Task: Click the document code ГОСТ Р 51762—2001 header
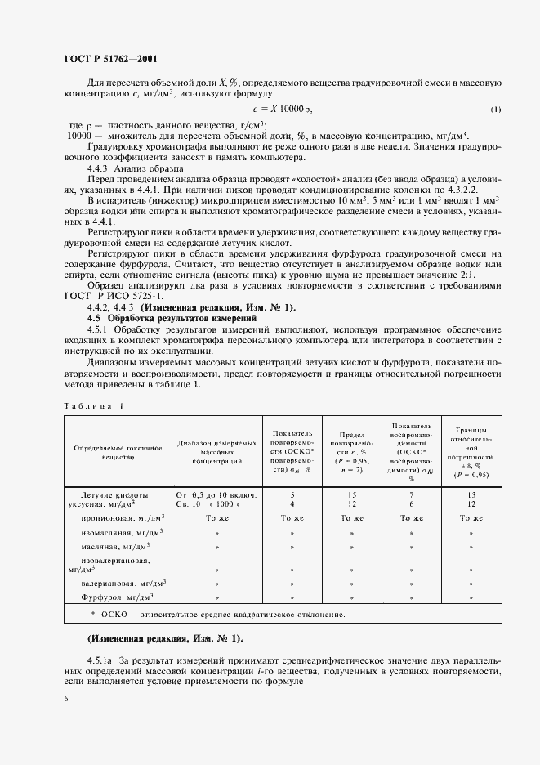pyautogui.click(x=109, y=58)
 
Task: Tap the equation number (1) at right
pyautogui.click(x=496, y=110)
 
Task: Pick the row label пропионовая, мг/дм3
pyautogui.click(x=123, y=518)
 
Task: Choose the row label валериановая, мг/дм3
pyautogui.click(x=123, y=584)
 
